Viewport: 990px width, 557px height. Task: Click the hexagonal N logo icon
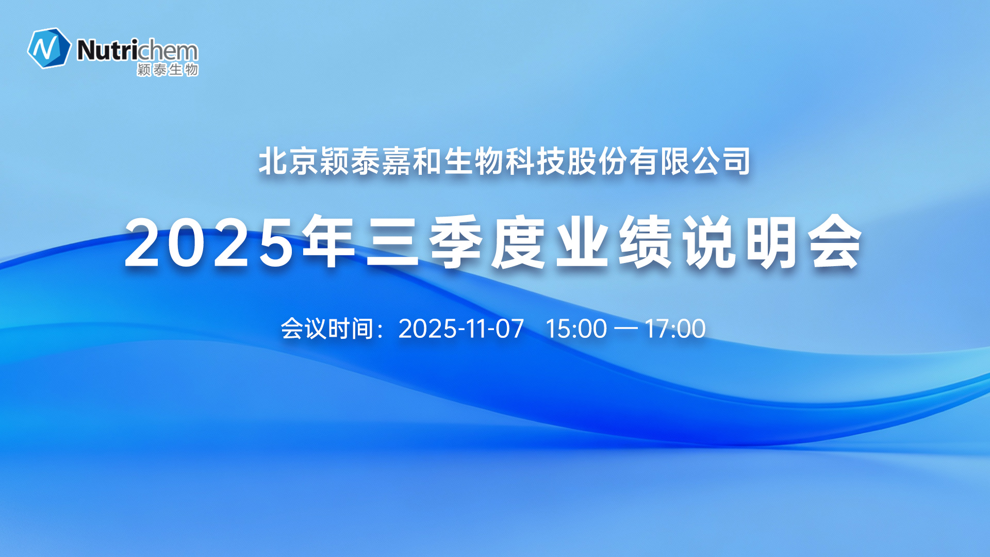pyautogui.click(x=49, y=48)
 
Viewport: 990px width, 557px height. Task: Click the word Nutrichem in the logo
pyautogui.click(x=137, y=51)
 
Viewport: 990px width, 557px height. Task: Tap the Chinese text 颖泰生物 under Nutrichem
pyautogui.click(x=168, y=70)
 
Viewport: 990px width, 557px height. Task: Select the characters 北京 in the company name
pyautogui.click(x=289, y=161)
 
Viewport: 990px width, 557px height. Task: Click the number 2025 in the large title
pyautogui.click(x=209, y=243)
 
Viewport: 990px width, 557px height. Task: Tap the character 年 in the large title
pyautogui.click(x=329, y=242)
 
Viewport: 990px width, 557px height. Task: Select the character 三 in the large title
pyautogui.click(x=392, y=242)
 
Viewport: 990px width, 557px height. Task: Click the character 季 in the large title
pyautogui.click(x=456, y=242)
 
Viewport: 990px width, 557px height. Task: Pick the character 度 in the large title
pyautogui.click(x=519, y=242)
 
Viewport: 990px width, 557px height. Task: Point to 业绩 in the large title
pyautogui.click(x=614, y=242)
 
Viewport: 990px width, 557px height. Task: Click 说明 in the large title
pyautogui.click(x=740, y=242)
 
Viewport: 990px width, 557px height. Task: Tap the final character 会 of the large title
pyautogui.click(x=835, y=242)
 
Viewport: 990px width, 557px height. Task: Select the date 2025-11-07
pyautogui.click(x=461, y=329)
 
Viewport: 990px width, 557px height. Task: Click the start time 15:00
pyautogui.click(x=576, y=329)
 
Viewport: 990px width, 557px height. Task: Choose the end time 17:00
pyautogui.click(x=675, y=329)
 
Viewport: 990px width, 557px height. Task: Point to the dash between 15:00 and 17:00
pyautogui.click(x=626, y=329)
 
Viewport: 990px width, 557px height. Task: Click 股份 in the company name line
pyautogui.click(x=598, y=161)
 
